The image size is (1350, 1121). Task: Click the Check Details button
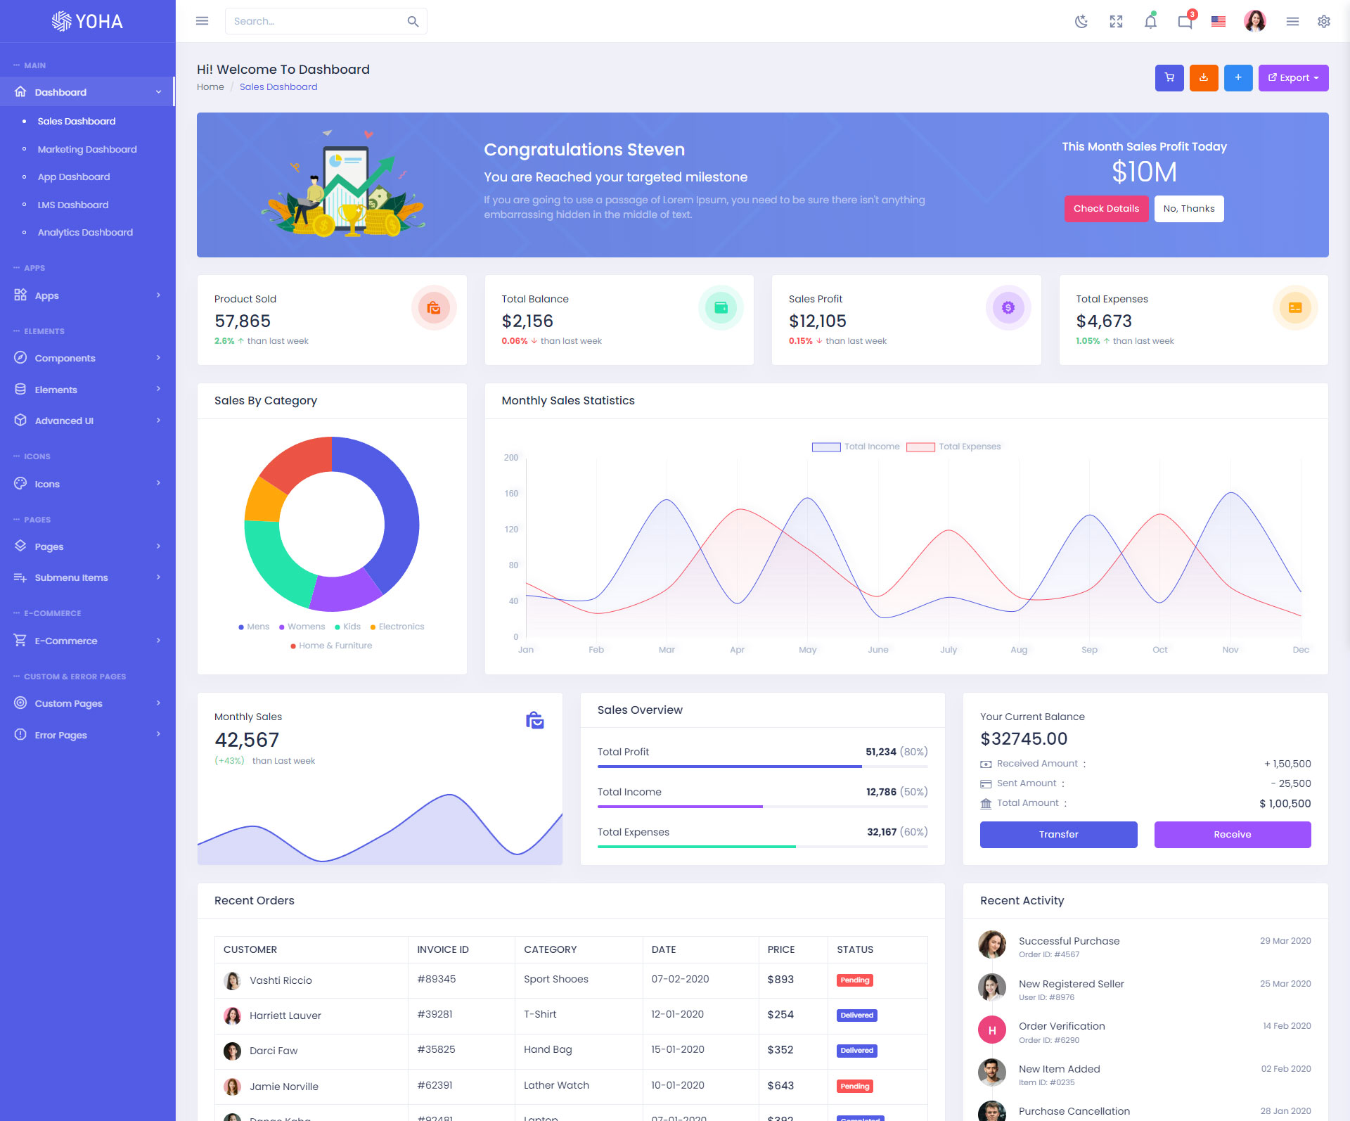[x=1106, y=209]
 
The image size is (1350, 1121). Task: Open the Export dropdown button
[x=1293, y=78]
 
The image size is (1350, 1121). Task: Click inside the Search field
[x=316, y=22]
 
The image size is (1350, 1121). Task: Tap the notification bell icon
[x=1150, y=22]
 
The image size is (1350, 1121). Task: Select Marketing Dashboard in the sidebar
[x=87, y=149]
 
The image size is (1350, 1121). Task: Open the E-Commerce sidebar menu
[x=66, y=641]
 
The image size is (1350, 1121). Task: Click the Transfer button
[x=1058, y=835]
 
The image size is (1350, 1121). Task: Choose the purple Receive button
[x=1232, y=835]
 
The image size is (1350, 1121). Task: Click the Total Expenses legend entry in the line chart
[x=969, y=447]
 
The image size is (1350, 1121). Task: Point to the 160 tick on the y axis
[x=511, y=494]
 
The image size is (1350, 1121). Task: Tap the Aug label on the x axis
[x=1019, y=650]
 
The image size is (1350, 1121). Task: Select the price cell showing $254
[x=780, y=1015]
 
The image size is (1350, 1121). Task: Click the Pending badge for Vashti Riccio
[x=855, y=980]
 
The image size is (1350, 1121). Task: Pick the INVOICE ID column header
[x=443, y=949]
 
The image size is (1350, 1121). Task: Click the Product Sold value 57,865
[x=243, y=321]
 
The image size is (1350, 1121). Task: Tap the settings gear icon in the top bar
[x=1324, y=22]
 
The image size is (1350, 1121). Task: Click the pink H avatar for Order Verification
[x=992, y=1031]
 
